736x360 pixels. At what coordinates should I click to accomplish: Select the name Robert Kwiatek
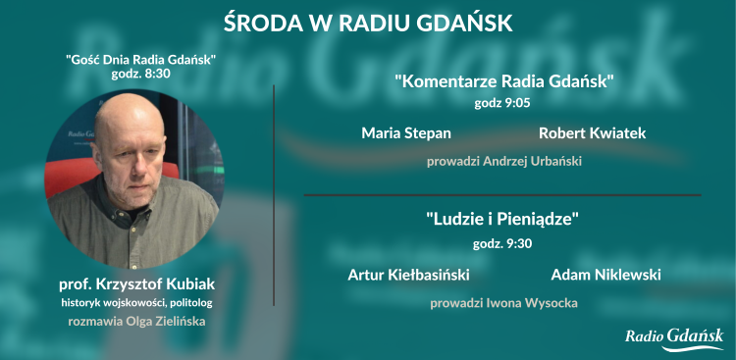point(592,132)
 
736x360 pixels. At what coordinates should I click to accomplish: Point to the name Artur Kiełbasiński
point(408,274)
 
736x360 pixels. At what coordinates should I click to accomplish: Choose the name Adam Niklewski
point(605,274)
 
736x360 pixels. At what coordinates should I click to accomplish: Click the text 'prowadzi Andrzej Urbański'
point(503,161)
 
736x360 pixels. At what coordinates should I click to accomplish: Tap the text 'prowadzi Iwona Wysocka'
point(503,303)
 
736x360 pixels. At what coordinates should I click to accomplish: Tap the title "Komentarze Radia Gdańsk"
point(503,81)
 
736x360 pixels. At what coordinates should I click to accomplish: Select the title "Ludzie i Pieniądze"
point(503,221)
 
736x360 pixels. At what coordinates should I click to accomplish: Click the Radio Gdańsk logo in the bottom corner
point(675,336)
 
